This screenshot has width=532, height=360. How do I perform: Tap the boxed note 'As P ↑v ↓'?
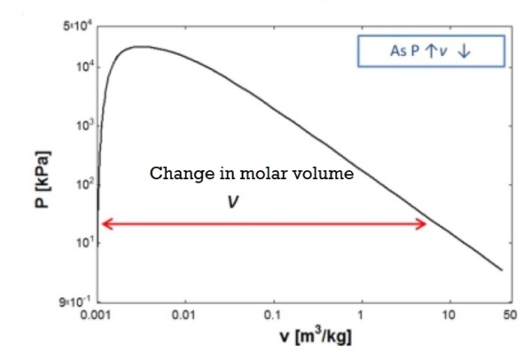pos(431,51)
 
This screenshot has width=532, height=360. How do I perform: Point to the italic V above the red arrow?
pos(232,202)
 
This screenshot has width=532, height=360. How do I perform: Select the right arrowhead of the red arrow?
pos(423,223)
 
